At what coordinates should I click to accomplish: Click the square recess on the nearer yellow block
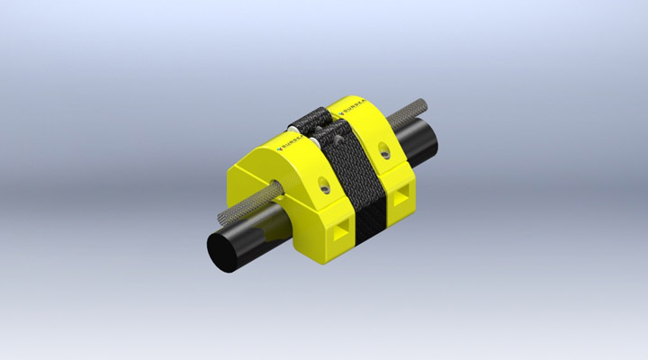(339, 233)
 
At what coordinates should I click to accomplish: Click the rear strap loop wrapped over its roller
(310, 117)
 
